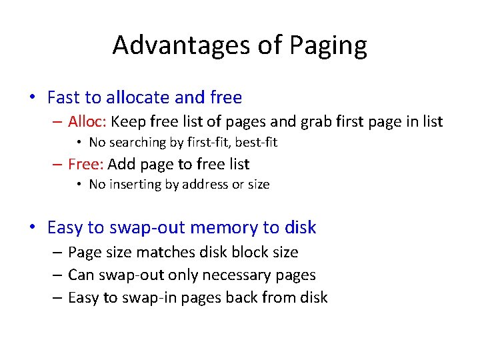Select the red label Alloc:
pos(88,121)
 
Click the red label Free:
pos(86,164)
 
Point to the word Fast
pos(63,97)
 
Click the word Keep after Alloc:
pos(125,122)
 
